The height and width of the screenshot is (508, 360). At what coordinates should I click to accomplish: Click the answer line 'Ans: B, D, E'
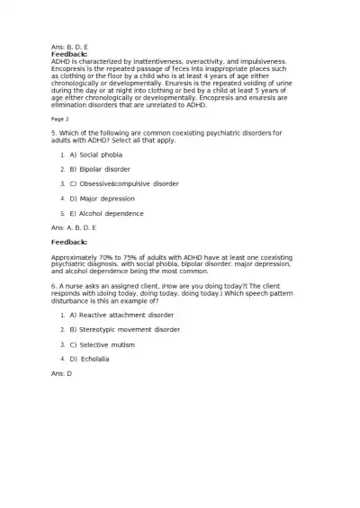pyautogui.click(x=69, y=46)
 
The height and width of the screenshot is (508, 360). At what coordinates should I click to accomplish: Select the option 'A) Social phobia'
pyautogui.click(x=95, y=155)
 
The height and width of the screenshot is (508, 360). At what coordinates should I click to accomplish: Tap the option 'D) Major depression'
pyautogui.click(x=102, y=198)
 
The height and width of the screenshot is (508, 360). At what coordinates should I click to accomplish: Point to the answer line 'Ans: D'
pyautogui.click(x=61, y=372)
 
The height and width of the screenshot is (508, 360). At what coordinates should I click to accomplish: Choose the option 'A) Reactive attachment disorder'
pyautogui.click(x=122, y=315)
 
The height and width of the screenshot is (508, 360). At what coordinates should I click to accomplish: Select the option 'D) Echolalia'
pyautogui.click(x=94, y=358)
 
